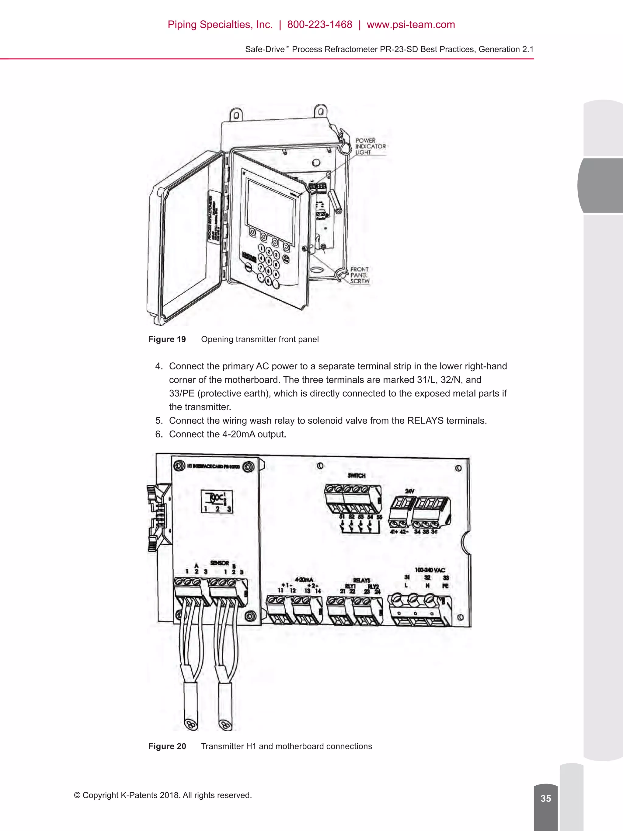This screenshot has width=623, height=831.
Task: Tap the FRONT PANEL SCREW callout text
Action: point(359,275)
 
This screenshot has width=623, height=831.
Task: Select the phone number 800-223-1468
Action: point(320,25)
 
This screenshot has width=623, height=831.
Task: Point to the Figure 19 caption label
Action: point(167,339)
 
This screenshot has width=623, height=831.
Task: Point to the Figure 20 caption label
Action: point(167,746)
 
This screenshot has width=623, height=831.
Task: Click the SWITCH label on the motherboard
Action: point(357,476)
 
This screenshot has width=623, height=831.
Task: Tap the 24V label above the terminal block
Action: point(409,491)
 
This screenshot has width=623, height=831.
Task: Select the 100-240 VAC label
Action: point(430,570)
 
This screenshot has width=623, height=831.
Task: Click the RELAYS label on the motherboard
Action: point(361,580)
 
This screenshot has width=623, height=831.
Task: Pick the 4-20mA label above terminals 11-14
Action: point(304,579)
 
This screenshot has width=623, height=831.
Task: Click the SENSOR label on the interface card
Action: point(219,563)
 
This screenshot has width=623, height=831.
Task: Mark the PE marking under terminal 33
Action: point(445,586)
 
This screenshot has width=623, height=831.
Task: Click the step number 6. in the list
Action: point(159,434)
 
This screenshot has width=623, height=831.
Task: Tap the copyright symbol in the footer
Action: point(77,795)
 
